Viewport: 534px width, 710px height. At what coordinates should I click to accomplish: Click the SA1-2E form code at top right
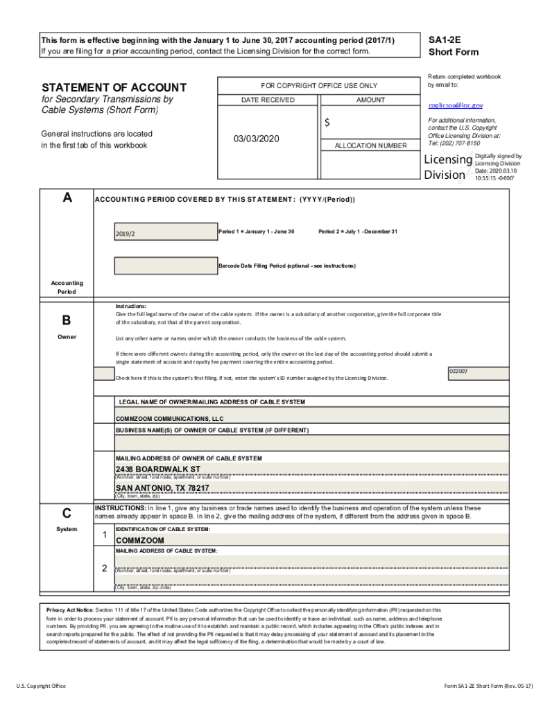coord(443,40)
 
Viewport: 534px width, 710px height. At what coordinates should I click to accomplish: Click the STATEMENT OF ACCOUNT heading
coord(114,87)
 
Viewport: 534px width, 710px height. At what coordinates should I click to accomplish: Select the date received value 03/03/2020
coord(256,139)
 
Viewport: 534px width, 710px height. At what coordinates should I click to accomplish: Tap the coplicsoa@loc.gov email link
coord(455,105)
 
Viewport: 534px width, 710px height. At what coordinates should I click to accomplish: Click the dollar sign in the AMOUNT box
coord(327,123)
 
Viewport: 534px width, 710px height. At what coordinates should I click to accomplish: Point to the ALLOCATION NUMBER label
coord(370,146)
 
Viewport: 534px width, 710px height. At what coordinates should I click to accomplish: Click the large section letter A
coord(67,198)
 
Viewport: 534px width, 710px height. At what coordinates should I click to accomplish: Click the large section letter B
coord(67,320)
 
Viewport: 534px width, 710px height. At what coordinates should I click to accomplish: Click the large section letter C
coord(67,513)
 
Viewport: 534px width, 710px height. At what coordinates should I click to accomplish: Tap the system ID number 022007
coord(458,372)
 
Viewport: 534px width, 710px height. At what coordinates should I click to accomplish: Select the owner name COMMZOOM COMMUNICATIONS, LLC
coord(169,419)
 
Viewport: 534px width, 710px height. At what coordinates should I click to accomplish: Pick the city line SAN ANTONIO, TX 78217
coord(162,488)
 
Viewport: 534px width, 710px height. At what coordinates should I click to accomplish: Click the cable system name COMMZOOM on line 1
coord(140,540)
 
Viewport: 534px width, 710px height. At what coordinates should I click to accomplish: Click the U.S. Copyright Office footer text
coord(41,686)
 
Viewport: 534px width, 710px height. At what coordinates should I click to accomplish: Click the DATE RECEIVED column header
coord(268,100)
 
